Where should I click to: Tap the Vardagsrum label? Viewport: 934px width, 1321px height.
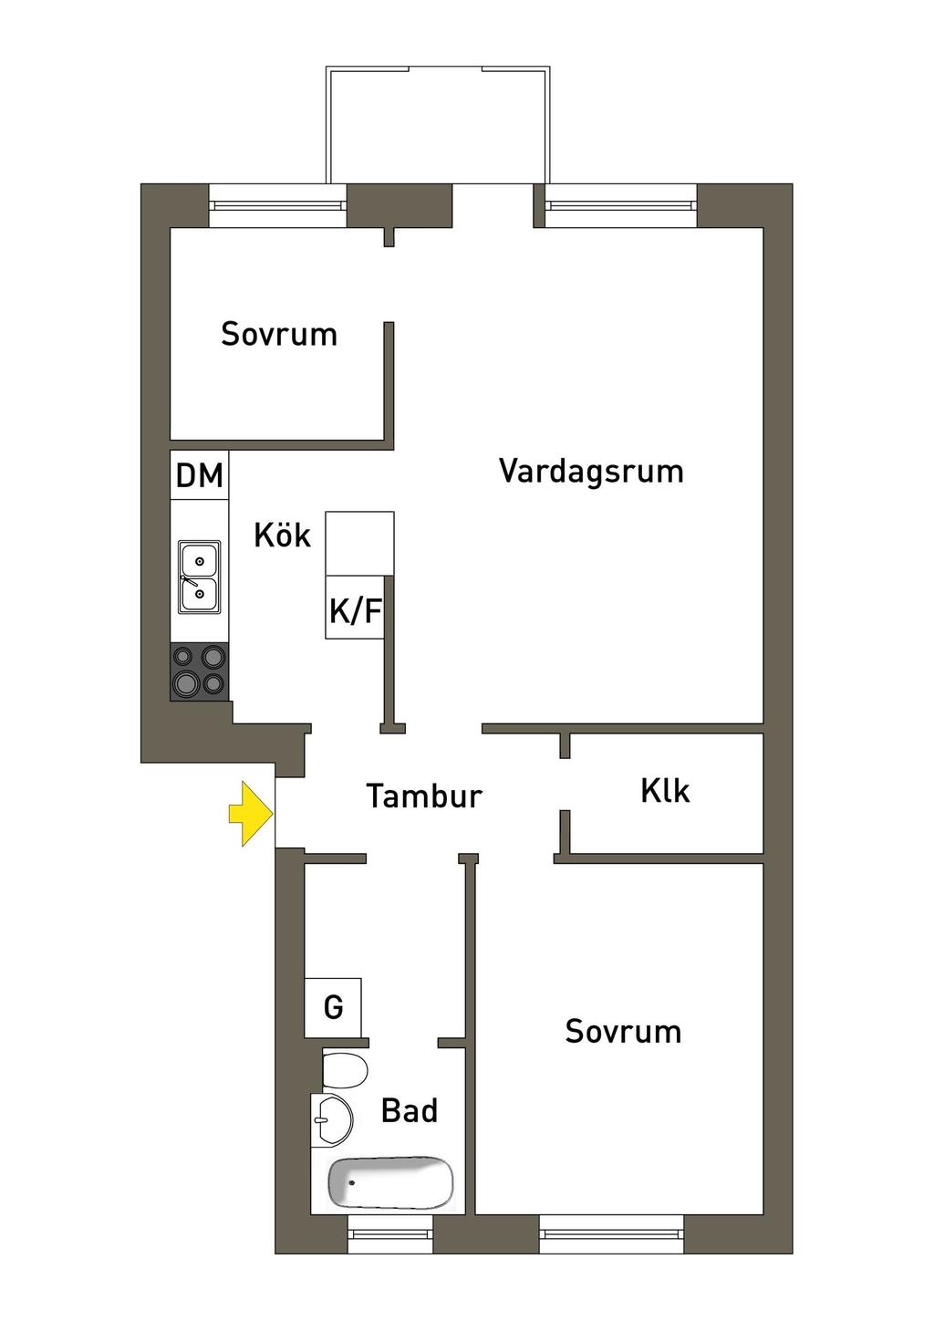591,472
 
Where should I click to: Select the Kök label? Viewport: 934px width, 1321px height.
282,536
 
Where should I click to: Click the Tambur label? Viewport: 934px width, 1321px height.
424,796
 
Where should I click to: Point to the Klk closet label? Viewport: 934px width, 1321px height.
665,791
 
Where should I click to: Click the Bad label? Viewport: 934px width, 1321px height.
410,1110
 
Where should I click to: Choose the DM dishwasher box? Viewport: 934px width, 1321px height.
200,475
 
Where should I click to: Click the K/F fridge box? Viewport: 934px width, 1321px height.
355,608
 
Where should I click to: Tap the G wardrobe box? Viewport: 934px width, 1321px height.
333,1007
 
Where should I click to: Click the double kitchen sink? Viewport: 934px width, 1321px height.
199,577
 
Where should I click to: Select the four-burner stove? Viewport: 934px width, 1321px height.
200,671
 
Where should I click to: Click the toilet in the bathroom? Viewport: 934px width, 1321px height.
345,1070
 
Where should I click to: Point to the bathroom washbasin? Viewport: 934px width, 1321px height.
333,1119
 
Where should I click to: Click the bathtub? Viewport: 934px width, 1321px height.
390,1184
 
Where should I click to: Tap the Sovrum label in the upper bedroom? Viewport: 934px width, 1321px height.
279,334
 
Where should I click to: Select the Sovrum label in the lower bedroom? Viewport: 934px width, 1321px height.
623,1032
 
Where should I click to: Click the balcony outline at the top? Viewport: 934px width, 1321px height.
438,123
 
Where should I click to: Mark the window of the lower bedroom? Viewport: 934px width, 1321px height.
611,1234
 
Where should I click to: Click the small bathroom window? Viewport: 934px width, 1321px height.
378,1234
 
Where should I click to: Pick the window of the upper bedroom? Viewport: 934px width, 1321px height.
278,205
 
